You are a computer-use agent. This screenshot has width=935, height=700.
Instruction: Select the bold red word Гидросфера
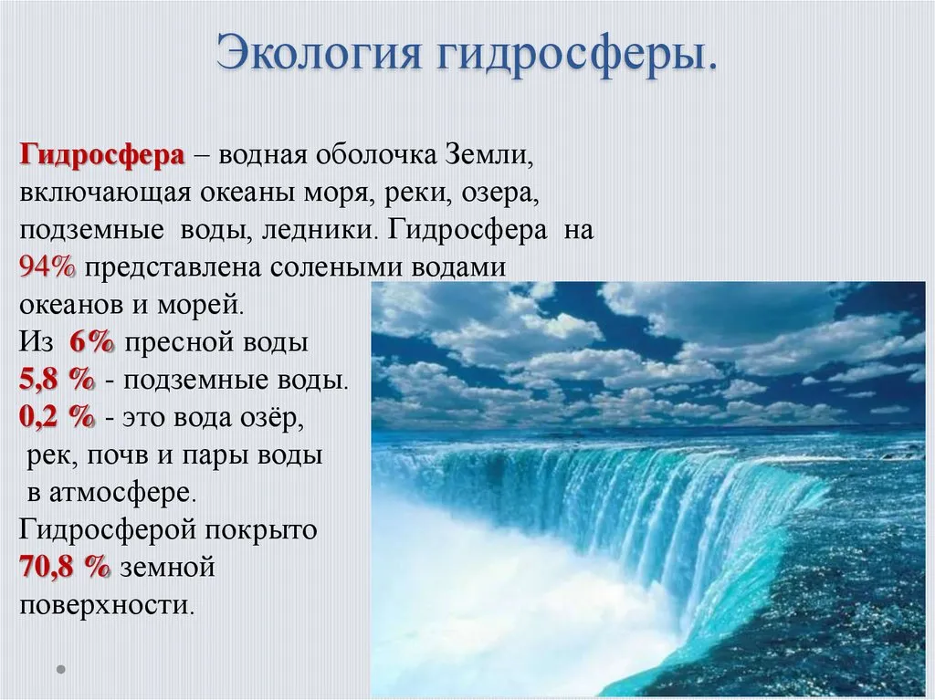(102, 156)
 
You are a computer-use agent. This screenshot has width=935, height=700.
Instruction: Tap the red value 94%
(47, 267)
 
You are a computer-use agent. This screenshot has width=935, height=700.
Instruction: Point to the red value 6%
(92, 342)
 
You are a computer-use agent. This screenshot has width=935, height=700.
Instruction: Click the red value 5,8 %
(58, 380)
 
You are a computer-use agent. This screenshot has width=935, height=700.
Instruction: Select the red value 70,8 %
(65, 567)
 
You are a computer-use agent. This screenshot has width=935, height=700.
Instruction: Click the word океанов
(71, 306)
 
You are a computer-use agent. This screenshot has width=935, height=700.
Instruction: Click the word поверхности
(108, 606)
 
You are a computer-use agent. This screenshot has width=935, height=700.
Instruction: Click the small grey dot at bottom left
(61, 670)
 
